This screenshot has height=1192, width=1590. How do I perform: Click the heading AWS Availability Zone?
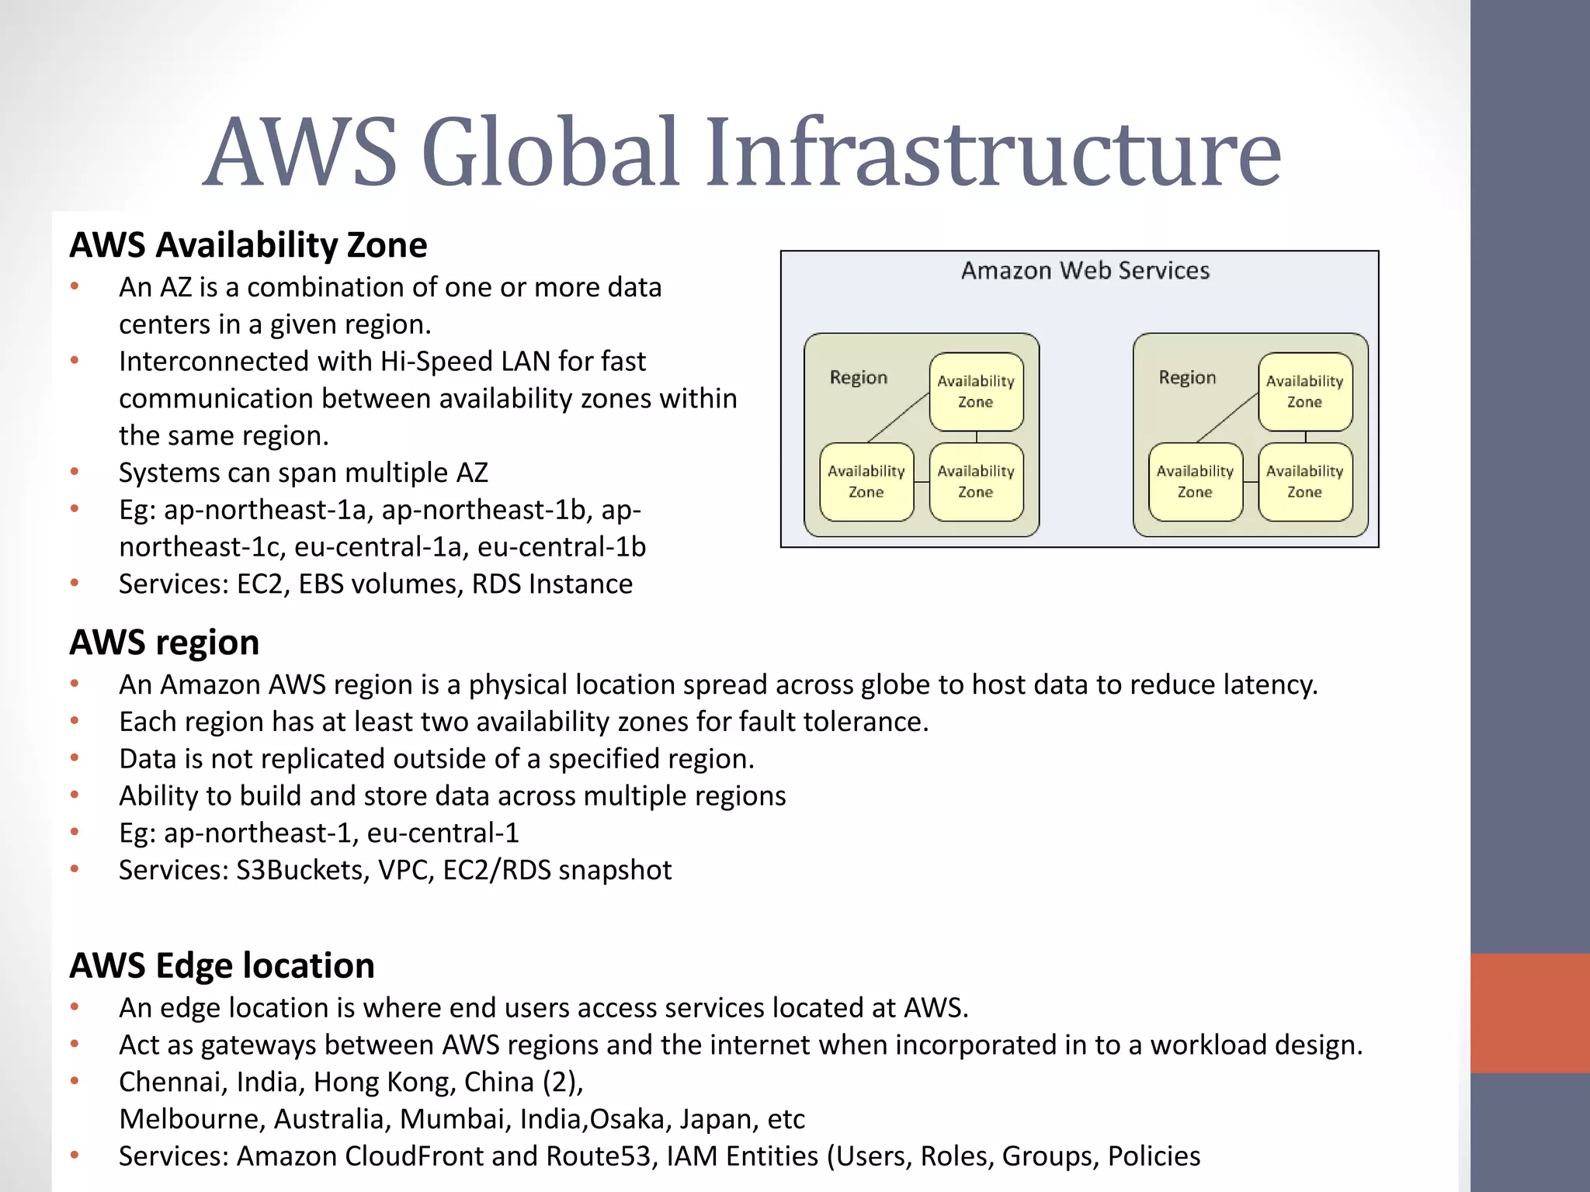248,245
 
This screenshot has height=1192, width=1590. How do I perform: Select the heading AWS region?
165,643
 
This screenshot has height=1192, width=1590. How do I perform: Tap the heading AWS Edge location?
222,965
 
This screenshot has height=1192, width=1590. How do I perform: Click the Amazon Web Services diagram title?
1085,270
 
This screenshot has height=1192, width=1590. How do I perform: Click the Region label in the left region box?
858,377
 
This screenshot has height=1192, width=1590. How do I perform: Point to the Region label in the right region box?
1187,377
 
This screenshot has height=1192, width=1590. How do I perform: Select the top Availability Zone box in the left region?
976,391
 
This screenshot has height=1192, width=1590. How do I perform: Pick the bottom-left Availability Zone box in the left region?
866,482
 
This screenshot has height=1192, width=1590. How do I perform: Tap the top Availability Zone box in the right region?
1305,391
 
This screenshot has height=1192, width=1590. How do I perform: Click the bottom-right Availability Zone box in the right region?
1305,482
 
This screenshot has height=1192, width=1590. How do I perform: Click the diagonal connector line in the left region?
897,418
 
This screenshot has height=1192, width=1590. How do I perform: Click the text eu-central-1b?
561,547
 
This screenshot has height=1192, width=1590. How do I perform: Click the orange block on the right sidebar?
1529,1013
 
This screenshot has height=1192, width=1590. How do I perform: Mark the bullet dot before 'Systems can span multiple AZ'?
75,472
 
